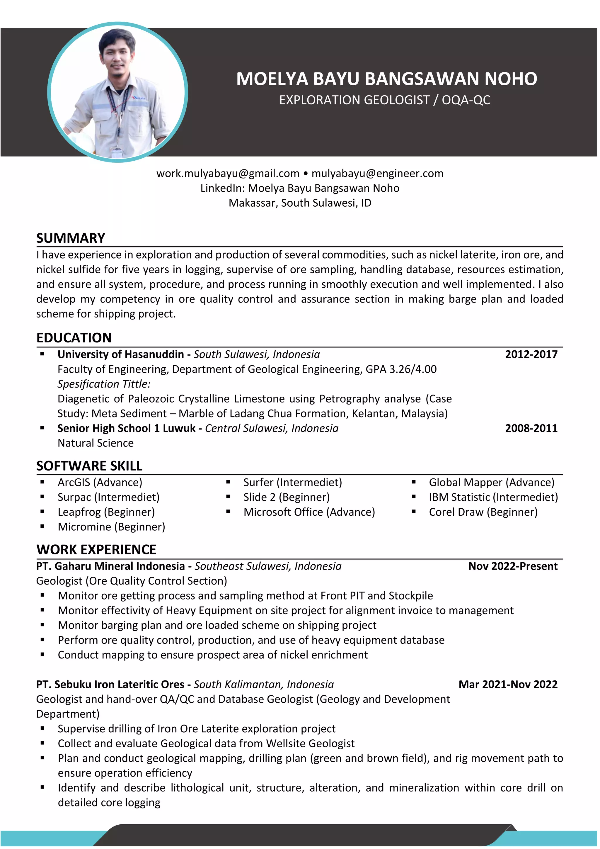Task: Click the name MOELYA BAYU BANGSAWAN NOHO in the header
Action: point(386,79)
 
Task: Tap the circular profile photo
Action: point(118,92)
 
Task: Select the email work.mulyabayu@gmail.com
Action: point(228,174)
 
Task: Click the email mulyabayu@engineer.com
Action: point(377,174)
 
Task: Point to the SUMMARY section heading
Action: point(71,238)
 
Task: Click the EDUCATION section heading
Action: point(74,338)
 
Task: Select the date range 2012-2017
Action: point(531,354)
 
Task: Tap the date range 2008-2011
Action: point(531,428)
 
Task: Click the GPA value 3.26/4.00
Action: point(413,369)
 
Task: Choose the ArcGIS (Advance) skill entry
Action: point(100,482)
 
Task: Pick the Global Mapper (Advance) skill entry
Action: point(491,482)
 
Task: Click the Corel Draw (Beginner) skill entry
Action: point(483,512)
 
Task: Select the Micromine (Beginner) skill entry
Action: point(111,527)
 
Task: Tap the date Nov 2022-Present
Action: point(513,566)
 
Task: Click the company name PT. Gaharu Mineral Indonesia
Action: point(110,566)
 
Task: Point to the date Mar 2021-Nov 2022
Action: point(508,685)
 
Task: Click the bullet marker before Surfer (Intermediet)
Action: point(228,482)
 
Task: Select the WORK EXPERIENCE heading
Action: point(96,549)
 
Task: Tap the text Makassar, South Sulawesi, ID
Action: point(300,203)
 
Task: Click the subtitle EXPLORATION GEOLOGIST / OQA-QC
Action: point(385,100)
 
